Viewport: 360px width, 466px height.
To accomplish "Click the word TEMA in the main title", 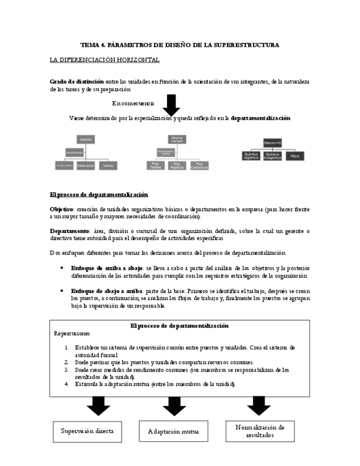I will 88,45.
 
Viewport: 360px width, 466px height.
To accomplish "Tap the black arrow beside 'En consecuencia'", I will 172,104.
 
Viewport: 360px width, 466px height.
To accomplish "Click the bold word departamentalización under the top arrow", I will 261,118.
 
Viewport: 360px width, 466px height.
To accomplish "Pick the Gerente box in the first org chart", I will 85,140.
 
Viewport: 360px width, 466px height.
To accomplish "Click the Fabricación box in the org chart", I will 86,165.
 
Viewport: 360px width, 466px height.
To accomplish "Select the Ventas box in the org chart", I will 108,165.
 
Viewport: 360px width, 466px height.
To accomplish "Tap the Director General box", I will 178,139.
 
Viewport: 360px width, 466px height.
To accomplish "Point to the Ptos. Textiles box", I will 155,165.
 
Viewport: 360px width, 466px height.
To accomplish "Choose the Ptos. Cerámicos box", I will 199,165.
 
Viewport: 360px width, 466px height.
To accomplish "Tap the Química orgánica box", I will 251,156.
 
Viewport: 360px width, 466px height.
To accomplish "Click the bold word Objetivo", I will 62,209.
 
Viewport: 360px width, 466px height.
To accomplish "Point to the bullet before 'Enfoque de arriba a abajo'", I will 61,268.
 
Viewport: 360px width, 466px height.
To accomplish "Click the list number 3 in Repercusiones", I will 66,370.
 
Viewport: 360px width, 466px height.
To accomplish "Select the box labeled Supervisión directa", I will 87,431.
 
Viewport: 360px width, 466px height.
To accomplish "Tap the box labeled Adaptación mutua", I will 173,431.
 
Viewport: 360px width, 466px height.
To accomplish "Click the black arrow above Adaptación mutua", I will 174,406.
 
